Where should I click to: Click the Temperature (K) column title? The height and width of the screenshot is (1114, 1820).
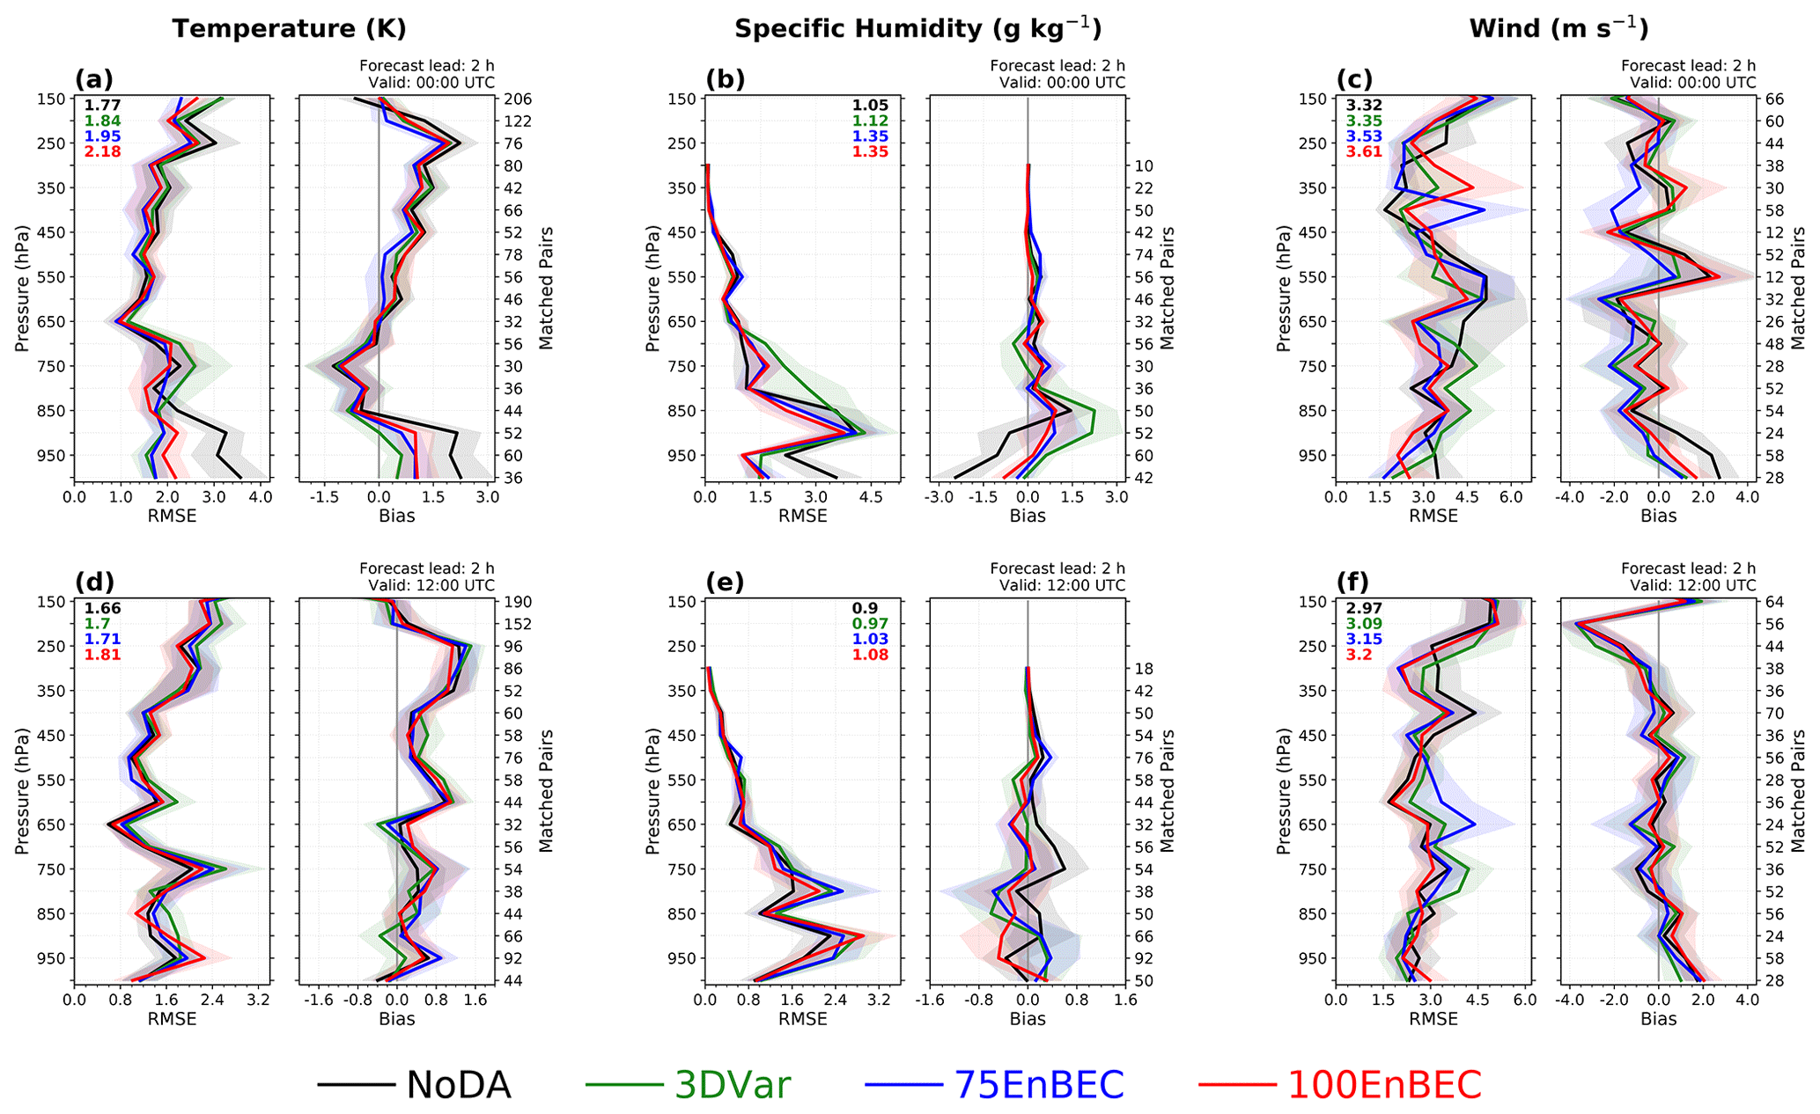coord(289,28)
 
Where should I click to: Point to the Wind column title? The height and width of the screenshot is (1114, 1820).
coord(1558,28)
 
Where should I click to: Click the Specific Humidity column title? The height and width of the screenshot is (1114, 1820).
coord(917,28)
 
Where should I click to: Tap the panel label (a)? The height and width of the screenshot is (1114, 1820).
coord(94,79)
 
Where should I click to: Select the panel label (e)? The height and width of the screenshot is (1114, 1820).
coord(725,583)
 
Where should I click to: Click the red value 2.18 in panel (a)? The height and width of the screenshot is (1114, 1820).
coord(103,152)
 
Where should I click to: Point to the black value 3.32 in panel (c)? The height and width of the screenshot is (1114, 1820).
coord(1364,106)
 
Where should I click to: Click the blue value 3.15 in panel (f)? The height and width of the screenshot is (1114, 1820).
coord(1364,640)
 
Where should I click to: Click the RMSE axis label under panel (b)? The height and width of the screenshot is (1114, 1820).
coord(802,516)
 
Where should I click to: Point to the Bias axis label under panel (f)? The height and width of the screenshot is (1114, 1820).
coord(1658,1019)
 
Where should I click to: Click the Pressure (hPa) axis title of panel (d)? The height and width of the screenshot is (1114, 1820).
coord(23,790)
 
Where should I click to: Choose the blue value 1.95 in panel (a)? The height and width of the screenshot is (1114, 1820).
coord(103,136)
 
